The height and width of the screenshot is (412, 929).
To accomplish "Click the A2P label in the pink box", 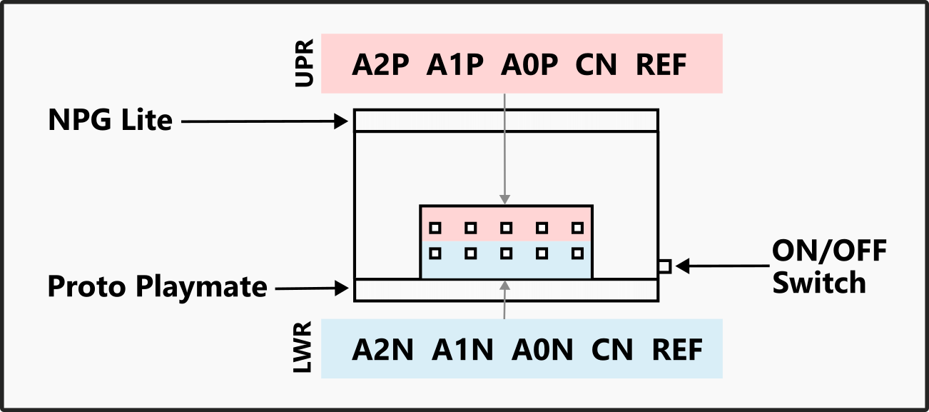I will coord(381,66).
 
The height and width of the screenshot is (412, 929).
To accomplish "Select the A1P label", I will coord(455,66).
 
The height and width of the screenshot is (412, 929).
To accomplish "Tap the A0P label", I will coord(529,66).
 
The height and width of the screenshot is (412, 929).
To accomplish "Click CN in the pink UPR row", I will coord(596,66).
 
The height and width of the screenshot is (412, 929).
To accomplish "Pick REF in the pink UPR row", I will coord(661,66).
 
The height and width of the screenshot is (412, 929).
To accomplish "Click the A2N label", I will coord(383,351).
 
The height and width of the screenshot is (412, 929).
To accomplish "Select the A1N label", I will coord(462,351).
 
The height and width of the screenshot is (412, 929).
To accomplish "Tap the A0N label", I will coord(542,351).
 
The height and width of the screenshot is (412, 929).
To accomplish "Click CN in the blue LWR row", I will coord(612,351).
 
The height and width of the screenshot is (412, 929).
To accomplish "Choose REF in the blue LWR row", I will coord(677,351).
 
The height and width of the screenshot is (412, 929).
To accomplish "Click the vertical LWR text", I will coord(305,349).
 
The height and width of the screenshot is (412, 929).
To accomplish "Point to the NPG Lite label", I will coord(110,120).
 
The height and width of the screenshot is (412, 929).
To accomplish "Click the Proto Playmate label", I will coord(157,287).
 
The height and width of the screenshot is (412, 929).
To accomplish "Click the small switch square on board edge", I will coord(664,266).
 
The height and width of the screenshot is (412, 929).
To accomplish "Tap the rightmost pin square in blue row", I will coord(578,253).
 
